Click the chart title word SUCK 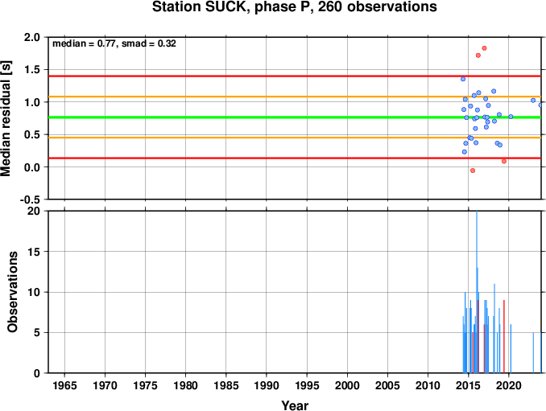click(x=226, y=7)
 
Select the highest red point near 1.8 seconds click(x=484, y=48)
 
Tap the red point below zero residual click(x=473, y=171)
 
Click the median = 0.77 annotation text click(x=84, y=43)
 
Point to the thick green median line click(x=295, y=117)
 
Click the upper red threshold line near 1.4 click(x=295, y=76)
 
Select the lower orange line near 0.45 click(x=295, y=138)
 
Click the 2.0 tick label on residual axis click(x=32, y=37)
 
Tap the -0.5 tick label click(x=30, y=199)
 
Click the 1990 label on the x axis click(x=267, y=385)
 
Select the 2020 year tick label click(x=509, y=385)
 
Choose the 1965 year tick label click(x=64, y=385)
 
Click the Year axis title click(x=295, y=405)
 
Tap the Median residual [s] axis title click(x=6, y=118)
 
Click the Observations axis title click(x=12, y=292)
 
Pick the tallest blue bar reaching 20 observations click(x=477, y=292)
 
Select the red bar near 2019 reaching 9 click(x=504, y=336)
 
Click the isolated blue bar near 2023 click(x=533, y=352)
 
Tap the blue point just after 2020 click(x=511, y=117)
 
